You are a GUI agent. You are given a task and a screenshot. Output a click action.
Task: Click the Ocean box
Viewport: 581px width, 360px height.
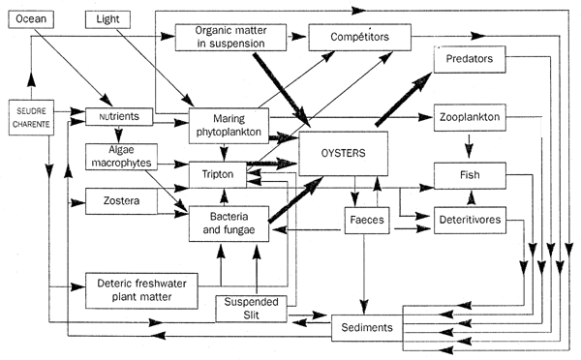32,20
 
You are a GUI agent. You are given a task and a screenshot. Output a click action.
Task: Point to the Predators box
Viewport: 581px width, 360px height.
470,59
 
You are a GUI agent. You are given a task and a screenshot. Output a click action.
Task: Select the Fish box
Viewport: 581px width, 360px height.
470,176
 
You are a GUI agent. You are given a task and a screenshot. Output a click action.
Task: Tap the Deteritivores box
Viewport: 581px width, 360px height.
470,220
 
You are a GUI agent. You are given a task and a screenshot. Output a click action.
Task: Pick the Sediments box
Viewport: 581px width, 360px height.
366,328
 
